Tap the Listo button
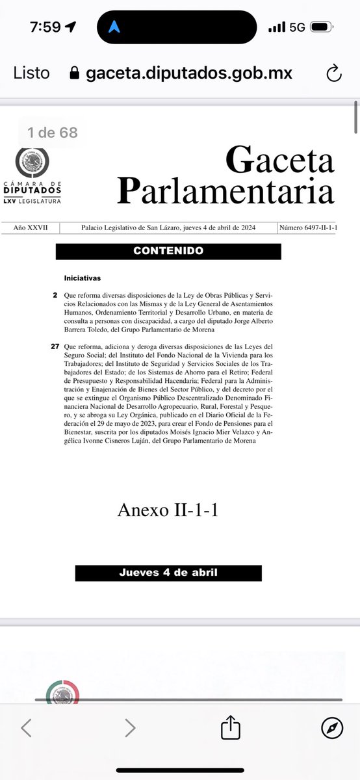pos(31,73)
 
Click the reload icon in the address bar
pos(333,73)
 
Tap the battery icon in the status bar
pos(320,27)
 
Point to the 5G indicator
pos(297,27)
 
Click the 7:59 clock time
pos(45,27)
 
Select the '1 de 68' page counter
pos(53,133)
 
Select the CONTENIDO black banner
pos(168,251)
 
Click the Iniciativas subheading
pos(83,278)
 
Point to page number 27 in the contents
pos(55,346)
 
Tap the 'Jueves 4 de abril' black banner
pos(168,573)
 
